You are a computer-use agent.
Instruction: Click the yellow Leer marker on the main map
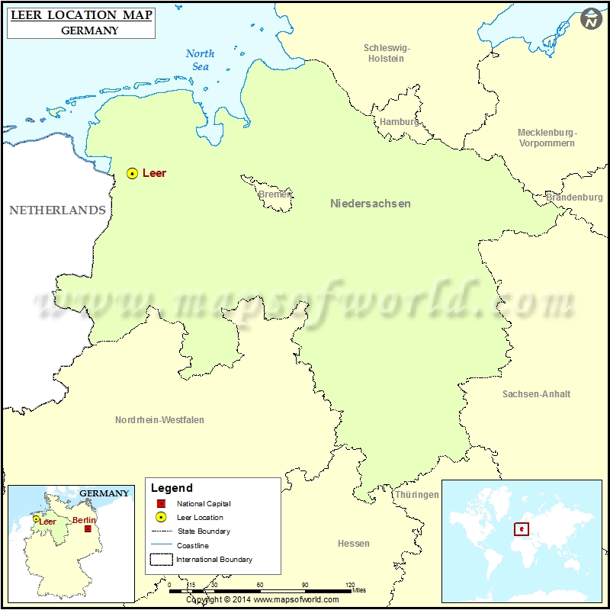point(132,174)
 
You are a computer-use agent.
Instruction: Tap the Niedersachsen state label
point(371,204)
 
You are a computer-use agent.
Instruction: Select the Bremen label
point(274,194)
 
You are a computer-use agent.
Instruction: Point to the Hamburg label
point(399,122)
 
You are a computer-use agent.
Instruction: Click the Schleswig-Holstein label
point(387,53)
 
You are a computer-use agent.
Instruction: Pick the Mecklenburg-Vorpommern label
point(547,138)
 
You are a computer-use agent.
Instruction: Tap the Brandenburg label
point(574,197)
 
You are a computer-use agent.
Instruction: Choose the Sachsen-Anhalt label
point(536,394)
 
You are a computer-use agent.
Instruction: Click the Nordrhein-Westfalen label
point(159,420)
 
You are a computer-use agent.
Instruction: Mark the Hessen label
point(353,544)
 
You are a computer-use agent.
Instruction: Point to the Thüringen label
point(416,495)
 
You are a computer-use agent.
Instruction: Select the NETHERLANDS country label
point(57,210)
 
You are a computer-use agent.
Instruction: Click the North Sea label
point(200,60)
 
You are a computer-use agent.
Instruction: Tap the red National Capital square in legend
point(160,504)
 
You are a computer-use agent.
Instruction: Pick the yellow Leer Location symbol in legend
point(160,518)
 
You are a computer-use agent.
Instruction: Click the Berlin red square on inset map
point(88,528)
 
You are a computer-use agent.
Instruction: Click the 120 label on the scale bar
point(350,585)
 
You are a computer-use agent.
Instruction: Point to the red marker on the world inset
point(522,528)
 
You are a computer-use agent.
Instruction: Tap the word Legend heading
point(172,488)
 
